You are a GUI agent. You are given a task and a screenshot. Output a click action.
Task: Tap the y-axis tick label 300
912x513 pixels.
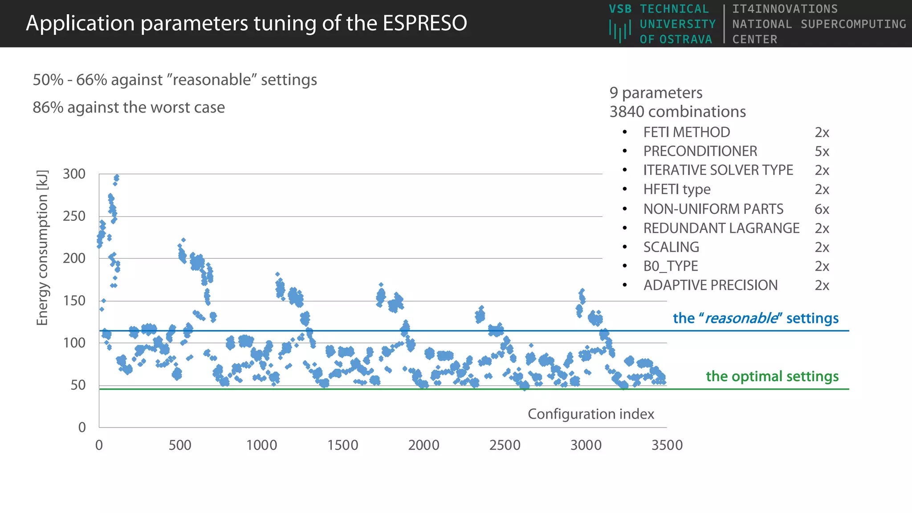[x=74, y=174]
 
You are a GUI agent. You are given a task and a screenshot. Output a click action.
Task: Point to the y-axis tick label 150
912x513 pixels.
[x=74, y=301]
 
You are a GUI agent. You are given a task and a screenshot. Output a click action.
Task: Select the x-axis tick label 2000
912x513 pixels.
[x=423, y=445]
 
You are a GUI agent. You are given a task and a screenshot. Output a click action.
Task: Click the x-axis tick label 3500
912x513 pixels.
[x=667, y=445]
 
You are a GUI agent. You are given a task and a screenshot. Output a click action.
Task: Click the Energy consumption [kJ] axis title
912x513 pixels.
[x=42, y=248]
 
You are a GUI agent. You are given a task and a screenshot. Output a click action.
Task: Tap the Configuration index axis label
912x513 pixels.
[x=590, y=414]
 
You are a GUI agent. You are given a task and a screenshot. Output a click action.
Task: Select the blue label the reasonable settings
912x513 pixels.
[x=755, y=318]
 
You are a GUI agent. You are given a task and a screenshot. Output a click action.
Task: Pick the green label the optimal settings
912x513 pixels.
[x=772, y=376]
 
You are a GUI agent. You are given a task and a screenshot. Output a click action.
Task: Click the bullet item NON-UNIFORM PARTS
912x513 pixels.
[x=713, y=209]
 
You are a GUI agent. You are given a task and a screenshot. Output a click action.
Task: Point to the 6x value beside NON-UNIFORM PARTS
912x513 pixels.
[x=822, y=209]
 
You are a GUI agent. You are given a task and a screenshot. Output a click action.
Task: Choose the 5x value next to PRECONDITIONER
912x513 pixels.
[x=822, y=151]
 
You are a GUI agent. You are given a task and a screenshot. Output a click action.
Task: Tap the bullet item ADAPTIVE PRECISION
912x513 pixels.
[x=710, y=285]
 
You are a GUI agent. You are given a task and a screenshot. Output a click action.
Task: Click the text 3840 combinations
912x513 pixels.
[x=677, y=112]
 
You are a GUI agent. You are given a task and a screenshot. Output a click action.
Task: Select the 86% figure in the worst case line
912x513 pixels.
[x=48, y=107]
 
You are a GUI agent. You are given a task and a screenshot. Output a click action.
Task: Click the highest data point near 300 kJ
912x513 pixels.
[x=117, y=177]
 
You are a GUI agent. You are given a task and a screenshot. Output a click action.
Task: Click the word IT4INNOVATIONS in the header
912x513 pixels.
[x=785, y=9]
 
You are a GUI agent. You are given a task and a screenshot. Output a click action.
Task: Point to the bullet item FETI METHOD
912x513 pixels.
[x=686, y=132]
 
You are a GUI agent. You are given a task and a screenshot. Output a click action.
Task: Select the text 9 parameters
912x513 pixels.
[x=655, y=93]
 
